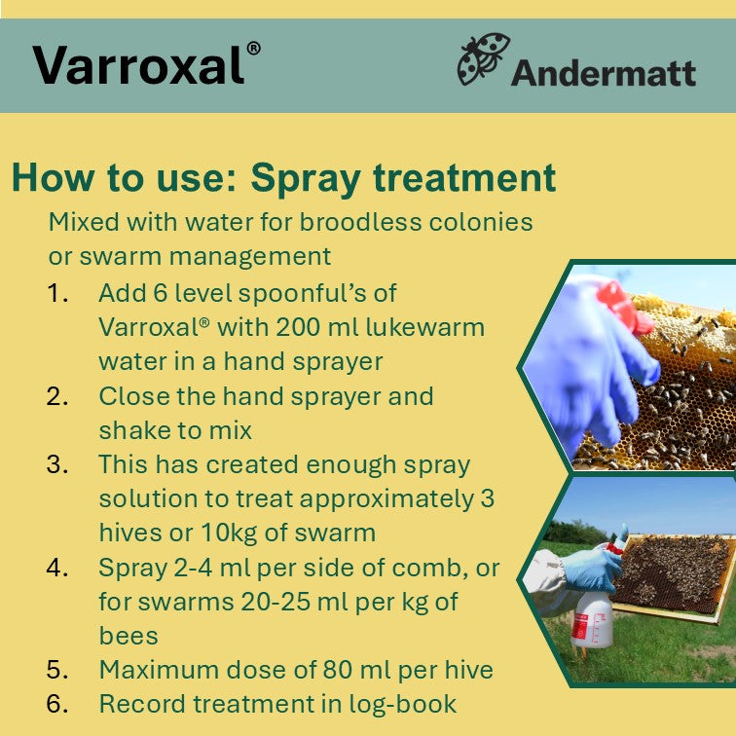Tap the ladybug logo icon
(484, 60)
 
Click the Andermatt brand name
(604, 72)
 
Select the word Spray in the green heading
(305, 179)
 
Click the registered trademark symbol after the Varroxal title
(253, 48)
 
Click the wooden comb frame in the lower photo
(672, 574)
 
